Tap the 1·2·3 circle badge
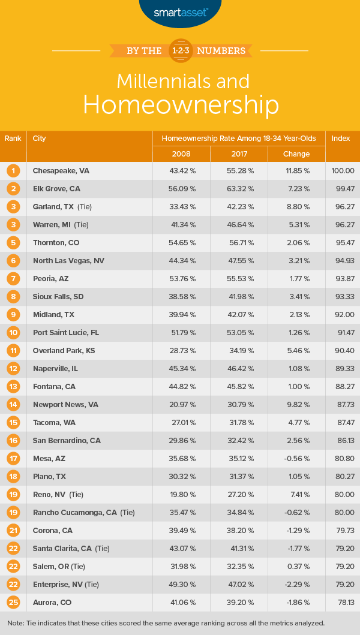tap(180, 50)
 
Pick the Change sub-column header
tap(296, 154)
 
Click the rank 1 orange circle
tap(13, 171)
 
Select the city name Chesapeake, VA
tap(61, 171)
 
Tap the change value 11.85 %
tap(296, 171)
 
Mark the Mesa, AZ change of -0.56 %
tap(296, 459)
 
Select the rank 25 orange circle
tap(13, 603)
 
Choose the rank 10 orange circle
tap(13, 333)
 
